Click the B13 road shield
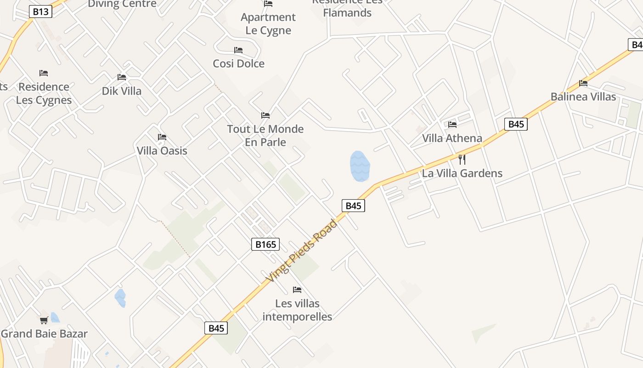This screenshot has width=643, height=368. pyautogui.click(x=40, y=11)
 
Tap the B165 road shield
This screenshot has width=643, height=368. pyautogui.click(x=265, y=244)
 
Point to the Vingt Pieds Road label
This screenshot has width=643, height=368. pyautogui.click(x=302, y=251)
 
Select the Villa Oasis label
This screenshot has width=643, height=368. pyautogui.click(x=162, y=151)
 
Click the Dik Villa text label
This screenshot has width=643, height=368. pyautogui.click(x=122, y=91)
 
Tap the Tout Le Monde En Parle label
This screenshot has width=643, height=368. pyautogui.click(x=265, y=136)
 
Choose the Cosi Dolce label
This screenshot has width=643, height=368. pyautogui.click(x=238, y=63)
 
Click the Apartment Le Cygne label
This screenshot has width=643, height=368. pyautogui.click(x=268, y=24)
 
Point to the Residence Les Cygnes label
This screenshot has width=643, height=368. pyautogui.click(x=44, y=93)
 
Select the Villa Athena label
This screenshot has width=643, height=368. pyautogui.click(x=452, y=138)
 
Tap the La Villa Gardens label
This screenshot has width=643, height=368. pyautogui.click(x=462, y=173)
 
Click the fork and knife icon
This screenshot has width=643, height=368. pyautogui.click(x=462, y=160)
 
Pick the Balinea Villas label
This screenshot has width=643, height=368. pyautogui.click(x=583, y=97)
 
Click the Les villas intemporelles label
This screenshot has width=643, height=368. pyautogui.click(x=297, y=310)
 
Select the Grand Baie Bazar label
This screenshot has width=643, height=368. pyautogui.click(x=44, y=334)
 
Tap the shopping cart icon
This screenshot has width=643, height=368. pyautogui.click(x=44, y=320)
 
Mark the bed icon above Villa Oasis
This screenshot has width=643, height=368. pyautogui.click(x=162, y=137)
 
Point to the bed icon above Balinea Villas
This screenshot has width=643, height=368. pyautogui.click(x=583, y=83)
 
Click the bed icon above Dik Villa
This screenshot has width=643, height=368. pyautogui.click(x=122, y=77)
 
